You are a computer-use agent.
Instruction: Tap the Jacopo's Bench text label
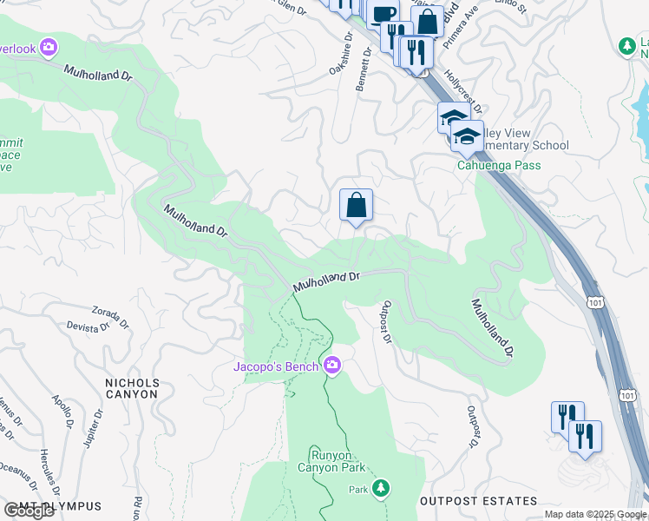(276, 366)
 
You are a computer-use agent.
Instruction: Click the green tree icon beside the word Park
(380, 489)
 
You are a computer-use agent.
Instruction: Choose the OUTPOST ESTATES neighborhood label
(478, 501)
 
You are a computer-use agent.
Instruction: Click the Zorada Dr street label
(110, 316)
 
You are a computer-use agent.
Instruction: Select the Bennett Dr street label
(363, 70)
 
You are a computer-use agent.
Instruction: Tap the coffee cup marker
(382, 14)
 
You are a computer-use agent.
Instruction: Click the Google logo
(29, 511)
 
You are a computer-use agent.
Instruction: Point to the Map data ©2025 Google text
(595, 514)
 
